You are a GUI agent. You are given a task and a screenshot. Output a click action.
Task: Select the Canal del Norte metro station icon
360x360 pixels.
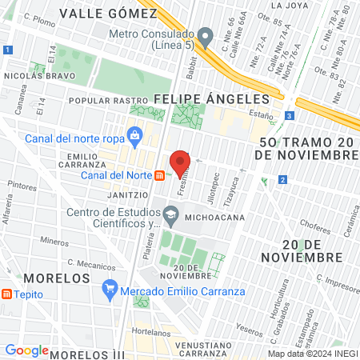[160, 175]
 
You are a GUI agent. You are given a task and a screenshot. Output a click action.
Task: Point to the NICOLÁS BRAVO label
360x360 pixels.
[40, 76]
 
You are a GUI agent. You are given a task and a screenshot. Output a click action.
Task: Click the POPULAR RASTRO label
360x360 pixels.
[99, 101]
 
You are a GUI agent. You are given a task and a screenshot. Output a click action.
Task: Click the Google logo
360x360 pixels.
[26, 350]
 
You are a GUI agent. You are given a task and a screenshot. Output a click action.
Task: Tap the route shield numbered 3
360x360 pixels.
[288, 115]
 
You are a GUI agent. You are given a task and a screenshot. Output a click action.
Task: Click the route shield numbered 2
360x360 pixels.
[283, 180]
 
